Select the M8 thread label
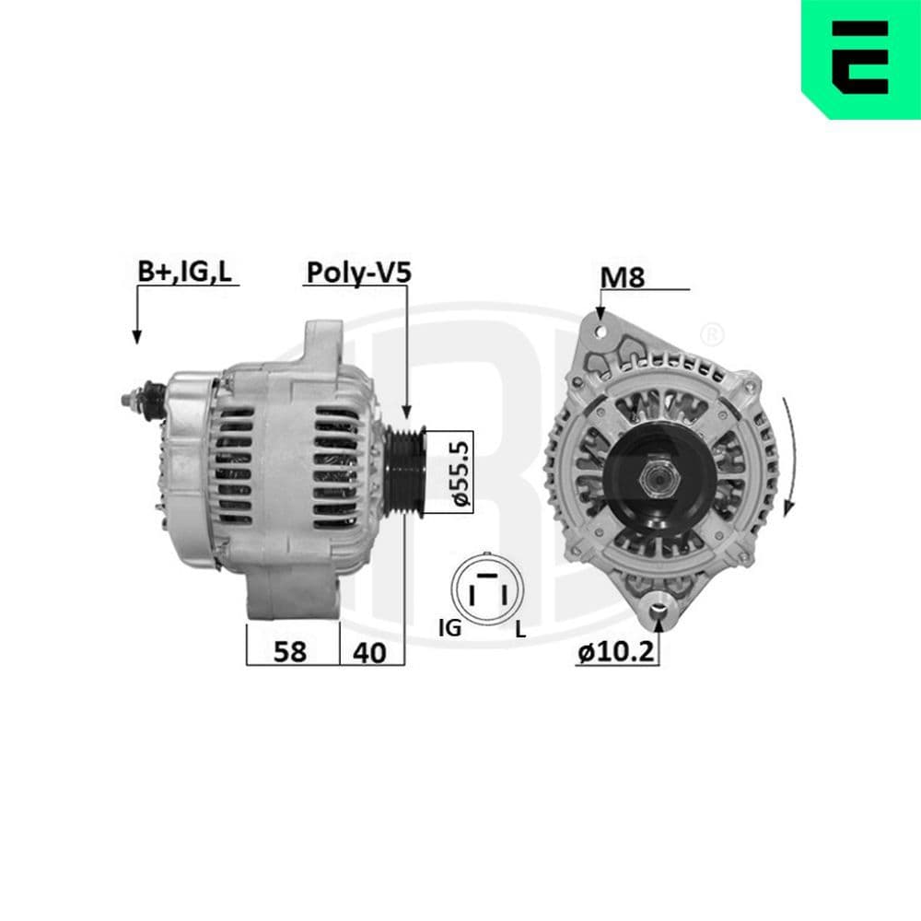[x=622, y=277]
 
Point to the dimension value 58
[x=292, y=651]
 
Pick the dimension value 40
[x=369, y=651]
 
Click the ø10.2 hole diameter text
[x=616, y=652]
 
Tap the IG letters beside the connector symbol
[x=449, y=629]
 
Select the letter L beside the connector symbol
[x=520, y=630]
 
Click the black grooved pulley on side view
[x=405, y=472]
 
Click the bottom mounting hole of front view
[x=658, y=605]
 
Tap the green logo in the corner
[x=860, y=57]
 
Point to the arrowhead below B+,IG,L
[x=136, y=336]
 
